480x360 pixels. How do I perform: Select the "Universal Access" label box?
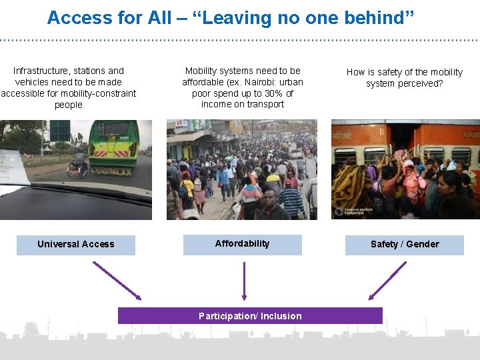tap(76, 245)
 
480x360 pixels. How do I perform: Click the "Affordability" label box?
tap(243, 244)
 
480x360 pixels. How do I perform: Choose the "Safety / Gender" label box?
tap(405, 245)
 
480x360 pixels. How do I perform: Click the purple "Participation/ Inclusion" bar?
tap(250, 316)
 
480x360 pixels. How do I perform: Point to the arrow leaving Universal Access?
tap(117, 280)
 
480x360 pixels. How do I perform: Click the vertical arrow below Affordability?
tap(244, 280)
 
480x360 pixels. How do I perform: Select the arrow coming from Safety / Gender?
tap(387, 280)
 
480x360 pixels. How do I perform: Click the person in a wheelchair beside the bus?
tap(78, 165)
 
